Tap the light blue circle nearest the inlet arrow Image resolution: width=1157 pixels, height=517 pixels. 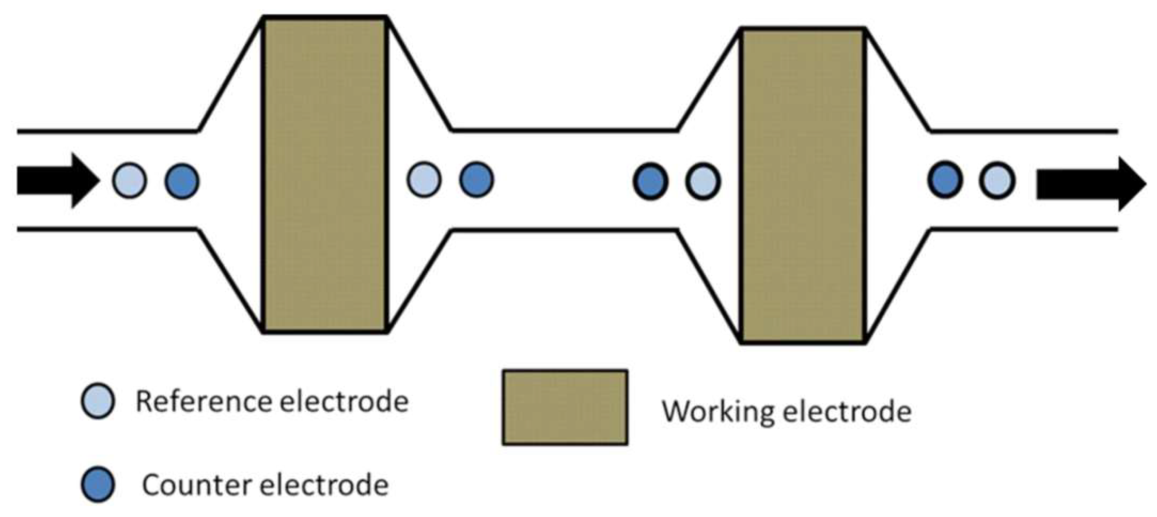click(x=129, y=181)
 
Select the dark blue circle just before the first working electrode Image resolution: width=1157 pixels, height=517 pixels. click(x=182, y=181)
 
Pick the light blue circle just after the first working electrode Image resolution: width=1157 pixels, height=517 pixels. click(x=424, y=179)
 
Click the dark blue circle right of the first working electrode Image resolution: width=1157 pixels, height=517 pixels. click(x=476, y=179)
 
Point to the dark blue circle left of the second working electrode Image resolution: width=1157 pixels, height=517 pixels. click(x=650, y=181)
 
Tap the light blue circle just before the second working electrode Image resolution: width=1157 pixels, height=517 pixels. click(x=703, y=181)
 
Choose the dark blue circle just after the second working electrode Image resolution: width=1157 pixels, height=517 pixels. click(x=945, y=179)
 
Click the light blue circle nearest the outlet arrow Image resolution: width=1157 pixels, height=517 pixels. click(x=997, y=181)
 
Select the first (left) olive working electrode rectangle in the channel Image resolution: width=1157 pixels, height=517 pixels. click(x=325, y=175)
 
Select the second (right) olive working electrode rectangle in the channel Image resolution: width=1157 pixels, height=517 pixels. click(x=803, y=185)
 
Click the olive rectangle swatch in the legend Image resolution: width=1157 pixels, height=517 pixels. click(x=565, y=407)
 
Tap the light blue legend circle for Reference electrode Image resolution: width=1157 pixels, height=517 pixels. click(x=98, y=400)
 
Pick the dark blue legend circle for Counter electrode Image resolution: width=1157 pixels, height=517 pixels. click(x=98, y=484)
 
